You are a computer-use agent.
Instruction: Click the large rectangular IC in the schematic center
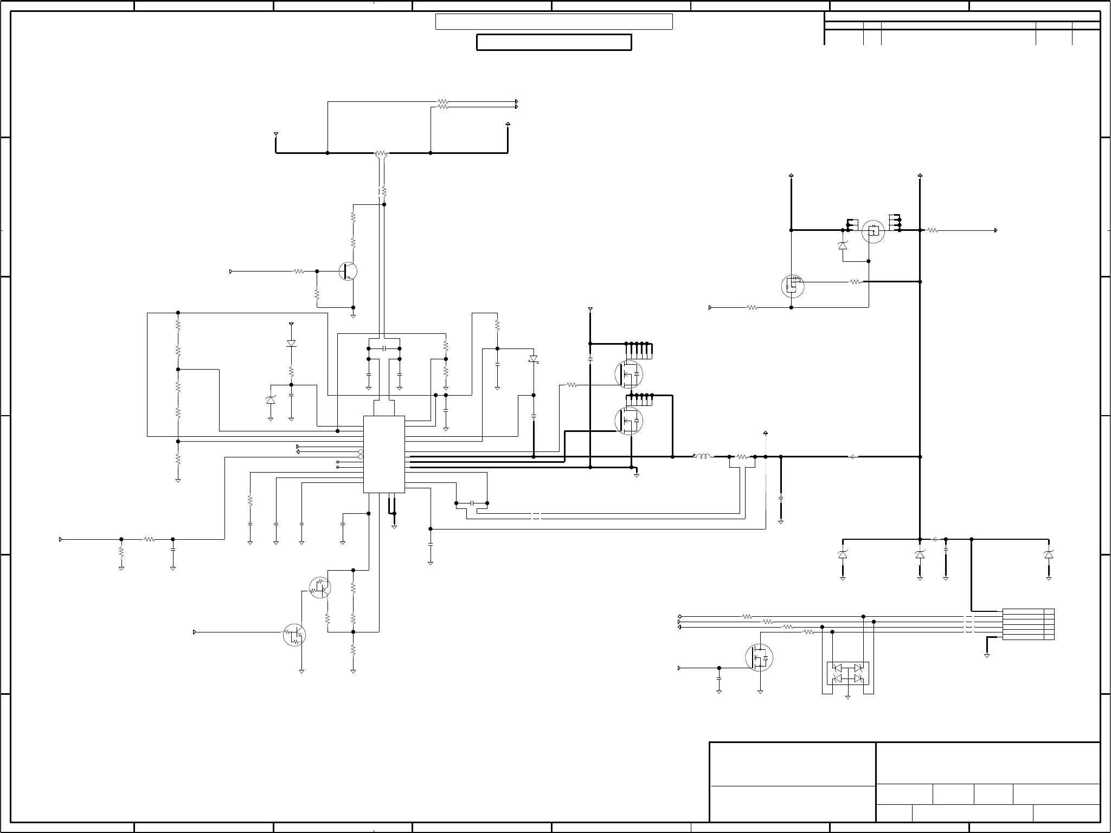(384, 454)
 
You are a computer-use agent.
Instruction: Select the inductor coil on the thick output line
(703, 457)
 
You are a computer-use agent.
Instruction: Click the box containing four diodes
(847, 673)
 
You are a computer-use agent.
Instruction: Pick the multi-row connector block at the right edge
(1028, 624)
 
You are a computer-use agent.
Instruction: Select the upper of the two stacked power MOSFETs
(628, 374)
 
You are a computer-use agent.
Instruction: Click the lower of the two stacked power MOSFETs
(628, 421)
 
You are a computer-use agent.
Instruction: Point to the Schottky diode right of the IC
(534, 359)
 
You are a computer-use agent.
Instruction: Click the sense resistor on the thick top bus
(382, 153)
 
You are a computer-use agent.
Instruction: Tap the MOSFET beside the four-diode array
(759, 657)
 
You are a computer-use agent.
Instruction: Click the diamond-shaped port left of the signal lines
(680, 617)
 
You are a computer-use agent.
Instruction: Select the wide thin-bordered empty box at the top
(554, 22)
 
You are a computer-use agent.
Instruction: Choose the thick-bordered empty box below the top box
(554, 42)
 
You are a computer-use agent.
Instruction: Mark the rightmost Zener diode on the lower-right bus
(1049, 554)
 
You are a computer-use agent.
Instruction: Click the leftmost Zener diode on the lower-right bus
(843, 554)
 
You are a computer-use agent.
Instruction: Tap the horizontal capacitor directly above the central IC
(384, 348)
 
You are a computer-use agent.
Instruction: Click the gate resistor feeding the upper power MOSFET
(571, 385)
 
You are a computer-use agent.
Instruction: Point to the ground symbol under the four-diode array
(847, 697)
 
